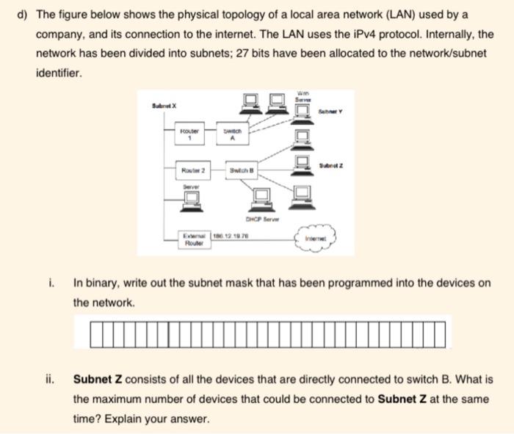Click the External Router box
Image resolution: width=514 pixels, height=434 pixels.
point(194,239)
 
